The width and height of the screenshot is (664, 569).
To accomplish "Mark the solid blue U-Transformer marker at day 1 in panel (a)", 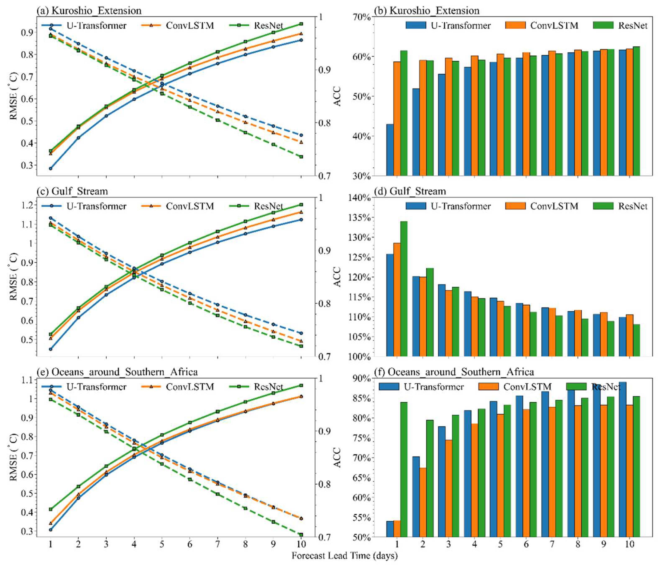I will coord(50,168).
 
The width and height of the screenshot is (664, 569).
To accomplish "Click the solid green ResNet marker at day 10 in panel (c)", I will coord(301,204).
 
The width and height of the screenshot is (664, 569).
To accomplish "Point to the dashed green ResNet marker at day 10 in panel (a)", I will coord(301,157).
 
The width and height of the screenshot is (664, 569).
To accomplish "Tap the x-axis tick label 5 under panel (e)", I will coord(162,544).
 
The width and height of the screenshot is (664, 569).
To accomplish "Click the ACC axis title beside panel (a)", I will coord(337,96).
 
